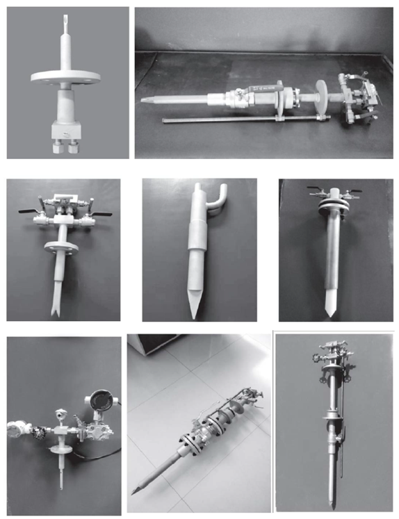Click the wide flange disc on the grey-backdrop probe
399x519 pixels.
[67, 78]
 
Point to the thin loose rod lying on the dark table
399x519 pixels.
[229, 121]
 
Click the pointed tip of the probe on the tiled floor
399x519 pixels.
[135, 491]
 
